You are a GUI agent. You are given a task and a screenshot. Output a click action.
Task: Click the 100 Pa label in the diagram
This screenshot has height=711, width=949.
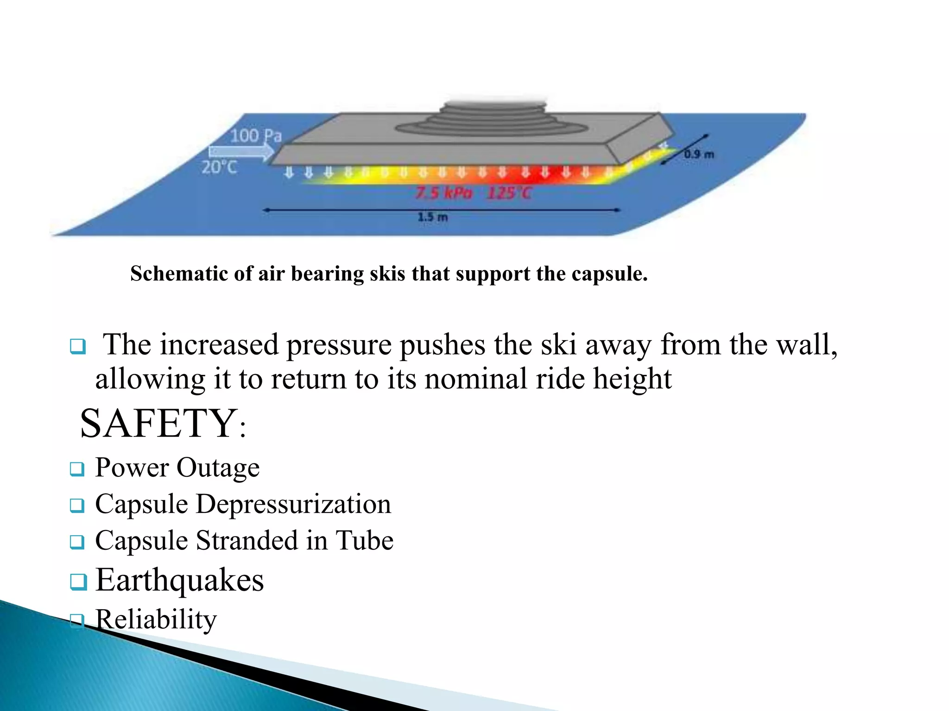pos(256,136)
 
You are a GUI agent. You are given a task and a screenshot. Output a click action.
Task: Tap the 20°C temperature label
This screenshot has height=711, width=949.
pos(219,167)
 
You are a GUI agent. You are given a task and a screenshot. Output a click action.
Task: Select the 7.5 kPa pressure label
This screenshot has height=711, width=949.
pos(443,192)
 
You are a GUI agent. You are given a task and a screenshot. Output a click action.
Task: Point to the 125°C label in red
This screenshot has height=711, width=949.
pos(509,192)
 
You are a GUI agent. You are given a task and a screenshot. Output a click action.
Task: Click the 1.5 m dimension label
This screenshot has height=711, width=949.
pos(433,217)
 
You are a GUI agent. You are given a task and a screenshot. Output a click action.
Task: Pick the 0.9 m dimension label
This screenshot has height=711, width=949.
pos(699,154)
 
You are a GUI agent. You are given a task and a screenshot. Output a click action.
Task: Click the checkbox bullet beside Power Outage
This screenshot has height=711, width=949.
pos(77,469)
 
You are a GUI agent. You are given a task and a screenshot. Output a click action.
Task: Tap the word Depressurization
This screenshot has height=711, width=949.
pos(293,504)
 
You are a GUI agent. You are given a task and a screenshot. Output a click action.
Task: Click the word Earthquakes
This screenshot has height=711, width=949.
pos(179,580)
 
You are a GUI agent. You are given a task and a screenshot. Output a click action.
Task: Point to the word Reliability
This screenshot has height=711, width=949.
pos(156,619)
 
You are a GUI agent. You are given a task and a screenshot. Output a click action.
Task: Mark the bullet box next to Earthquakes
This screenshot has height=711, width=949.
pos(78,581)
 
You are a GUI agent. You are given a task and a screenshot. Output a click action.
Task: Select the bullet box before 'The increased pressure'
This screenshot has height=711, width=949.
pos(78,346)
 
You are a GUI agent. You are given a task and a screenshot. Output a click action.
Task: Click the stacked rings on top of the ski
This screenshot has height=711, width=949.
pos(493,118)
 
